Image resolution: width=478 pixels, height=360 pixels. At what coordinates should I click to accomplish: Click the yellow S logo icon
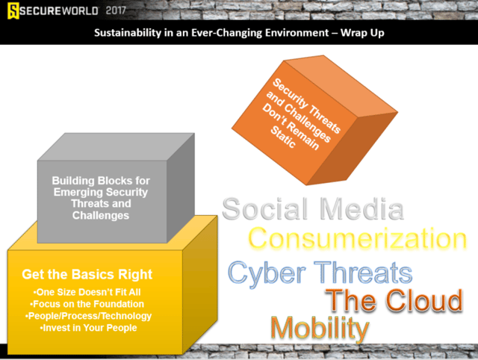[13, 10]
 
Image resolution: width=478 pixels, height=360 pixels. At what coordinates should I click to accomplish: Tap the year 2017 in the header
[116, 10]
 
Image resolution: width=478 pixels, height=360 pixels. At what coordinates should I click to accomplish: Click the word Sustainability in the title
[128, 33]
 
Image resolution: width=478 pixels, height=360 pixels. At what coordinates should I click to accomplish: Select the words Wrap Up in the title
[362, 33]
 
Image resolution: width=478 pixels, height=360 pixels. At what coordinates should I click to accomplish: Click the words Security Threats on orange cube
[306, 106]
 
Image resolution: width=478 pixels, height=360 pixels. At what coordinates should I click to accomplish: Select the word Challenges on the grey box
[101, 215]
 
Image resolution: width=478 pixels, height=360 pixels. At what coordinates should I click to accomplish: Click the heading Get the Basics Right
[87, 274]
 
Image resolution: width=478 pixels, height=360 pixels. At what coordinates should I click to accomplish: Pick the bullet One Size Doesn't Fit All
[87, 292]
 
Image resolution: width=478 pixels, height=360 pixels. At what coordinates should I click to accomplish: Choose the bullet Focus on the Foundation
[87, 304]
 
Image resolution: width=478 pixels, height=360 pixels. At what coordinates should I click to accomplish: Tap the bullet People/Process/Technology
[88, 316]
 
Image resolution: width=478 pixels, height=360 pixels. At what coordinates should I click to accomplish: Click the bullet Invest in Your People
[88, 328]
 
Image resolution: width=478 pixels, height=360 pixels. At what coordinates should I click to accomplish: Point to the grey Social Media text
[313, 209]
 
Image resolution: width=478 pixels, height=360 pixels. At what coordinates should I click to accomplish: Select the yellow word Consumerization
[358, 239]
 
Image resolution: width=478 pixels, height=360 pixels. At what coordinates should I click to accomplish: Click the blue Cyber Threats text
[320, 273]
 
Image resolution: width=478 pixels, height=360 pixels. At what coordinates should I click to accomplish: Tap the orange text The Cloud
[394, 300]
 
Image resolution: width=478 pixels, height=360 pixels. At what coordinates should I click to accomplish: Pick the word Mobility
[320, 329]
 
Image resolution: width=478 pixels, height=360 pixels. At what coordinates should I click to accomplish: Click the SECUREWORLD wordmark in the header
[59, 11]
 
